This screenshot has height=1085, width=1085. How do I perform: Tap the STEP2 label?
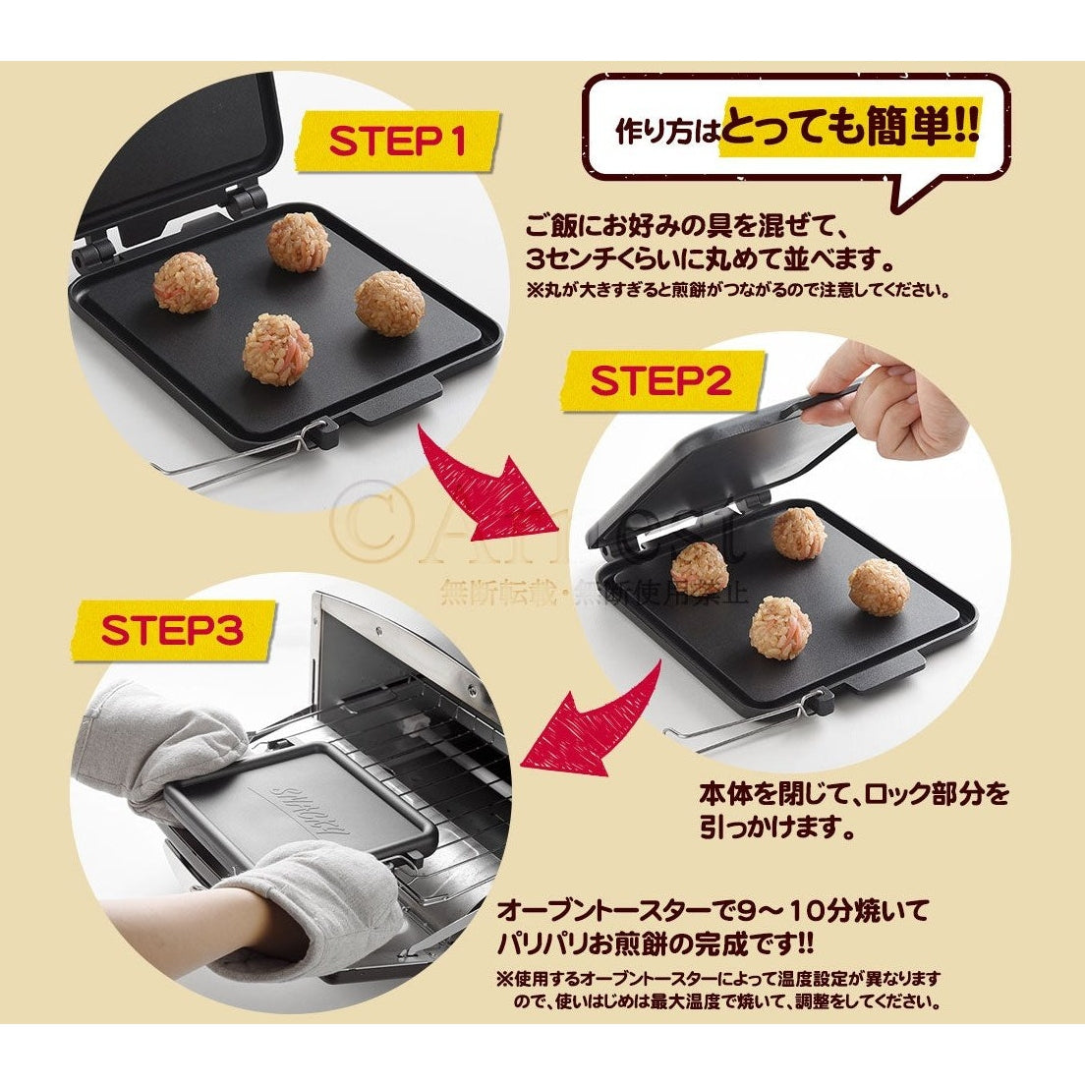(662, 381)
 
